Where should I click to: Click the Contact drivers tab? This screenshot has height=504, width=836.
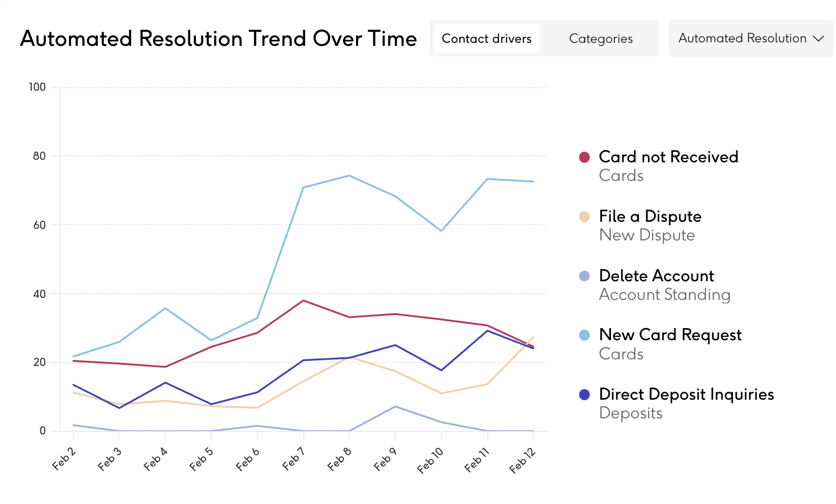pyautogui.click(x=486, y=39)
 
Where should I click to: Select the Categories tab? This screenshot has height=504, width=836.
pyautogui.click(x=601, y=39)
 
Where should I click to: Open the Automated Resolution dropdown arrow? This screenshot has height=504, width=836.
pyautogui.click(x=818, y=38)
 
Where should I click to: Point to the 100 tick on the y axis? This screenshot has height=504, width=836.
pyautogui.click(x=37, y=87)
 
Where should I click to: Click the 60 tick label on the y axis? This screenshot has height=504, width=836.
pyautogui.click(x=39, y=225)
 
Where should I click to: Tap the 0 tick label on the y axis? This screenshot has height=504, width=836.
pyautogui.click(x=43, y=431)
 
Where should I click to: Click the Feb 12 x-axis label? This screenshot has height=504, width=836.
pyautogui.click(x=522, y=460)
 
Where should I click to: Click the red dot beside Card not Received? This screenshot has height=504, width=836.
pyautogui.click(x=584, y=157)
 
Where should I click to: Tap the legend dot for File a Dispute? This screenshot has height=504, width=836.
pyautogui.click(x=584, y=217)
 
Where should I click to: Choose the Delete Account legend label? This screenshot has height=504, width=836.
pyautogui.click(x=656, y=276)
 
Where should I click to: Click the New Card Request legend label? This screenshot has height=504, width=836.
pyautogui.click(x=670, y=335)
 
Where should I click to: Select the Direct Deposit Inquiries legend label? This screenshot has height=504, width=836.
pyautogui.click(x=686, y=394)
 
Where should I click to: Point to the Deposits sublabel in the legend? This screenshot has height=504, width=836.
pyautogui.click(x=631, y=413)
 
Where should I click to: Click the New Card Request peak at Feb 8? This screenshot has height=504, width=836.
pyautogui.click(x=349, y=175)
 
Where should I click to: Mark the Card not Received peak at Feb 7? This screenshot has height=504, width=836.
pyautogui.click(x=303, y=300)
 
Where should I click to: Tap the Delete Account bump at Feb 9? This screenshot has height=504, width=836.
pyautogui.click(x=395, y=406)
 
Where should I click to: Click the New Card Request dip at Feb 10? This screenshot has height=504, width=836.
pyautogui.click(x=442, y=231)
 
